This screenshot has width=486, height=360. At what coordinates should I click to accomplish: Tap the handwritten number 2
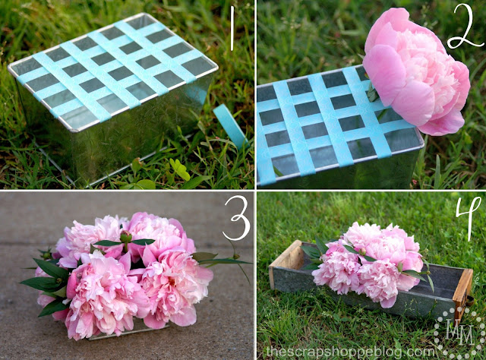coord(465,30)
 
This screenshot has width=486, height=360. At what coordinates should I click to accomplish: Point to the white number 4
coord(465,216)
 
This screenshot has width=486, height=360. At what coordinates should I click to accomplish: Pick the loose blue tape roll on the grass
coord(231,125)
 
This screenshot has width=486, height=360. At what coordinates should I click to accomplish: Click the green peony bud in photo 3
coord(125,238)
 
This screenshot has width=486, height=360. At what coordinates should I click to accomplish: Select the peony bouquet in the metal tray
coord(370,262)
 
